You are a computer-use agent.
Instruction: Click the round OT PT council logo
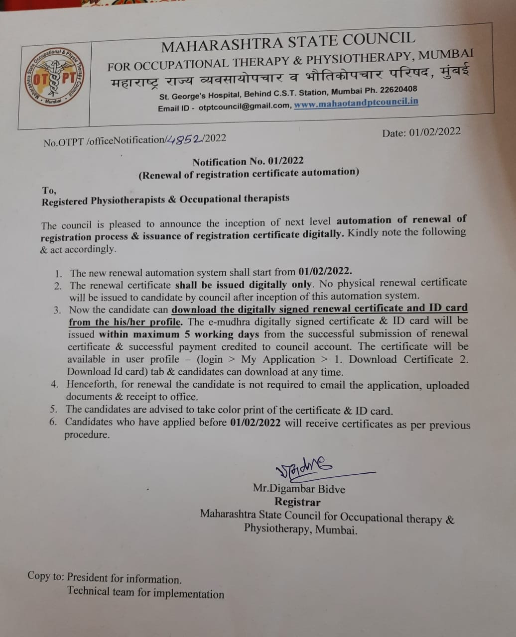tap(53, 77)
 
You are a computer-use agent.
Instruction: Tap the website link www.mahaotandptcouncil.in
tap(356, 103)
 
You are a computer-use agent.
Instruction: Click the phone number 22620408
tap(398, 90)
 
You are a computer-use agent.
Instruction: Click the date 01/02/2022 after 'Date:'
tap(435, 131)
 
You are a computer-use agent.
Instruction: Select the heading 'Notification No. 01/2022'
tap(248, 161)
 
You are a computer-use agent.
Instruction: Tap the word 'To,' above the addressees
tap(49, 190)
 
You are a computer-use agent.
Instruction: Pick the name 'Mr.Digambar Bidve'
tap(299, 489)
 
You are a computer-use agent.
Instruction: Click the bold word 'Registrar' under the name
tap(297, 502)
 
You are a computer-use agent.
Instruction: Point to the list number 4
tap(55, 384)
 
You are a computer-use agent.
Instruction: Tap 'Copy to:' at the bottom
tap(46, 576)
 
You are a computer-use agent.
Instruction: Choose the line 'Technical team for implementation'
tap(145, 592)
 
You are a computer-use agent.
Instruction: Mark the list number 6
tap(53, 422)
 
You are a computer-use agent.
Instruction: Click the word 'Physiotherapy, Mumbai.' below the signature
tap(301, 529)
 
